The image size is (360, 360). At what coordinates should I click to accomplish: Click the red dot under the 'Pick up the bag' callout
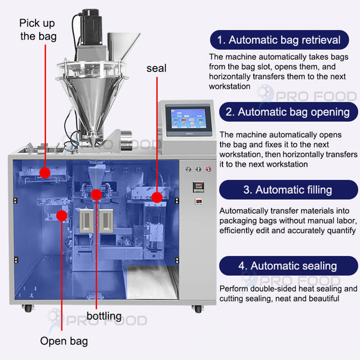click(45, 172)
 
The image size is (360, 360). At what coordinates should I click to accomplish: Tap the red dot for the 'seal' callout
click(156, 197)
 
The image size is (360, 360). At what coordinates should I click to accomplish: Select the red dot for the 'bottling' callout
click(96, 194)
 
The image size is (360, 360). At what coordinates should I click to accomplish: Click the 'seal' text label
click(156, 68)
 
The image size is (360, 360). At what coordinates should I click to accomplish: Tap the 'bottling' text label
click(104, 315)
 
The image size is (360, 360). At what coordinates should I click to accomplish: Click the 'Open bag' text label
click(64, 341)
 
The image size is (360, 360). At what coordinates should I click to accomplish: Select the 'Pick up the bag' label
click(38, 30)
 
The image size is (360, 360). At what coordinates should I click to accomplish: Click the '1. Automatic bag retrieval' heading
click(279, 40)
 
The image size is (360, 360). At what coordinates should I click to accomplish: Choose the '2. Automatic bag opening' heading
click(288, 112)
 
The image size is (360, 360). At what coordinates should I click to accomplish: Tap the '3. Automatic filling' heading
click(288, 189)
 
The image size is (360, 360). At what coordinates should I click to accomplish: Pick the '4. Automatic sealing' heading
click(288, 266)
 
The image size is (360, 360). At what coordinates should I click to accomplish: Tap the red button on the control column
click(208, 169)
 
